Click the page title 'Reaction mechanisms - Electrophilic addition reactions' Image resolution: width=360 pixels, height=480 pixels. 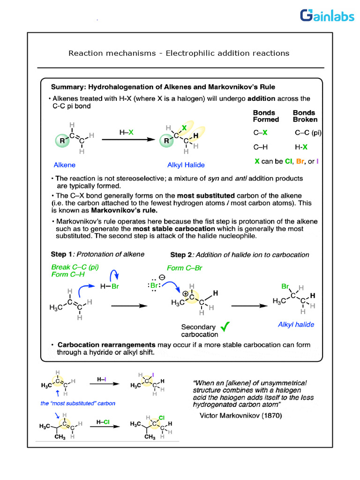click(179, 53)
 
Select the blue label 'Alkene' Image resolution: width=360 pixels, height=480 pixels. click(64, 165)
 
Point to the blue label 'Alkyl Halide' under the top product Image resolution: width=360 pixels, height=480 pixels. click(186, 165)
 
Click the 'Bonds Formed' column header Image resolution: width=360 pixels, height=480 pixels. click(266, 116)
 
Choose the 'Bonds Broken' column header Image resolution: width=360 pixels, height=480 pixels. click(305, 116)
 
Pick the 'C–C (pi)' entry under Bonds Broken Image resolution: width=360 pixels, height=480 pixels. click(308, 133)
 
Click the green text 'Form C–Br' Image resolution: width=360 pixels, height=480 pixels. click(181, 268)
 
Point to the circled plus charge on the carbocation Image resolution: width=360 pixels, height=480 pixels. click(186, 294)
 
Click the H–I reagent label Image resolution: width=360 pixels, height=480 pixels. click(101, 379)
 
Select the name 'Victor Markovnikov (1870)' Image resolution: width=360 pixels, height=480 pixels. click(240, 415)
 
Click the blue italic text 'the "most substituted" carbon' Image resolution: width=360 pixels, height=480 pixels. click(78, 403)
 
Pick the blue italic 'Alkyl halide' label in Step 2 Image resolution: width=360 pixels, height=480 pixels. click(296, 324)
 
